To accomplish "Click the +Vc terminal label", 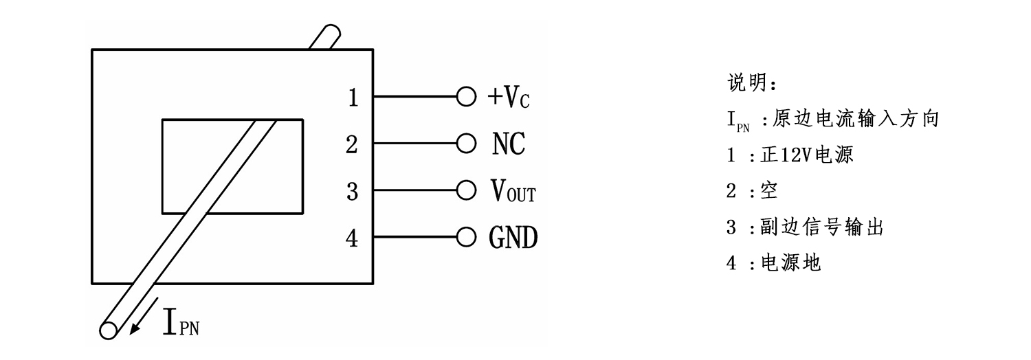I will coord(509,99).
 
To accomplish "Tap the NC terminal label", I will coord(509,144).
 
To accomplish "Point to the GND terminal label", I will coord(513,238).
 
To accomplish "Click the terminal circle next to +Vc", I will coord(466,98).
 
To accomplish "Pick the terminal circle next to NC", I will coord(466,144).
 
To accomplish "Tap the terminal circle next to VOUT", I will coord(466,192).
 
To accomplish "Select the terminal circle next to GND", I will coord(466,238).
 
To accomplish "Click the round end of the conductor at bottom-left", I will coord(109,330).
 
